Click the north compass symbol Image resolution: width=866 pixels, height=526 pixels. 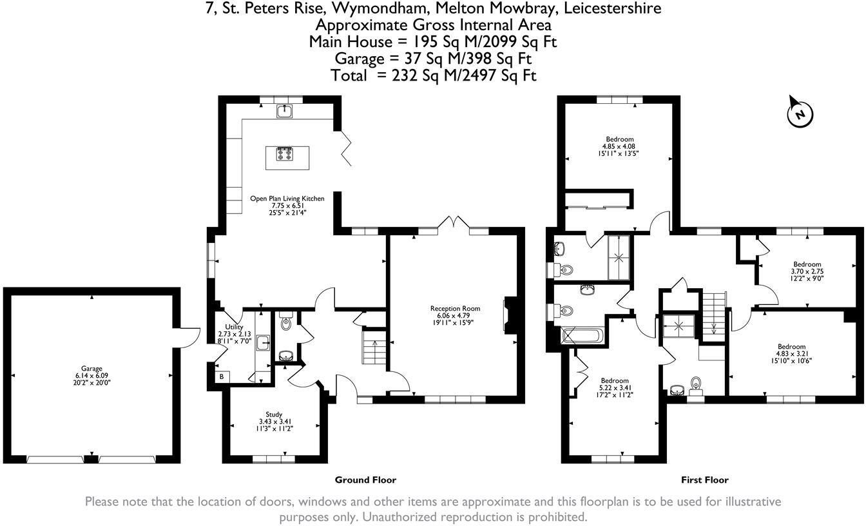[800, 113]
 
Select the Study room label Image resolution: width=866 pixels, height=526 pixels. [274, 414]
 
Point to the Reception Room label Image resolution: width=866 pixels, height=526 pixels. [455, 308]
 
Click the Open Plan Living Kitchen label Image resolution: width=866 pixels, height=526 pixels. [287, 199]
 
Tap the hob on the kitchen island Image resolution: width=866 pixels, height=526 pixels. [284, 153]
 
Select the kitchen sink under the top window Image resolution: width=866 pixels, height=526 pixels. [284, 112]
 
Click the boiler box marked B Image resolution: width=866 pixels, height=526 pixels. [222, 376]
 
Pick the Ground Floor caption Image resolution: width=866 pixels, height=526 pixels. [365, 480]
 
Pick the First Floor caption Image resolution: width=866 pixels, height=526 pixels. [704, 480]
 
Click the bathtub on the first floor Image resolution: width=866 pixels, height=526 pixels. [582, 336]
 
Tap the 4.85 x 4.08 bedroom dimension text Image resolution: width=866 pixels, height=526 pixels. [619, 146]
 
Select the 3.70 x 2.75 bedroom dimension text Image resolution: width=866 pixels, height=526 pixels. [807, 272]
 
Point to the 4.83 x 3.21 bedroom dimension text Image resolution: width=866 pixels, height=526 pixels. [791, 354]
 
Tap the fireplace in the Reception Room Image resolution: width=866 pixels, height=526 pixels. [509, 316]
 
